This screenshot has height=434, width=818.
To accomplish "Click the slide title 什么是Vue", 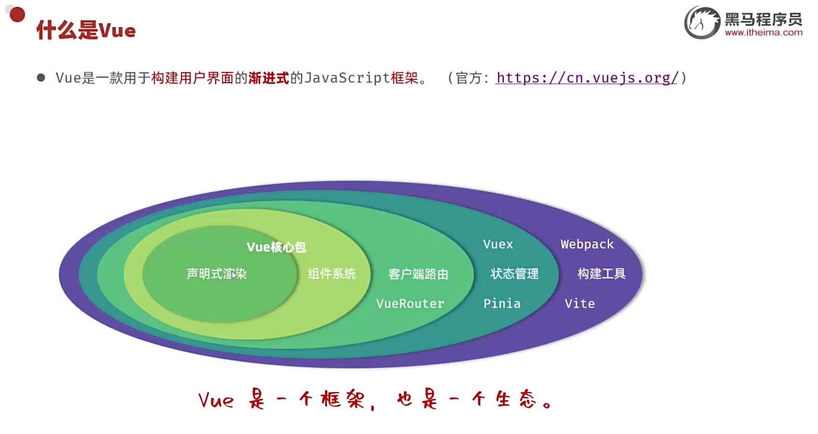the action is point(86,30).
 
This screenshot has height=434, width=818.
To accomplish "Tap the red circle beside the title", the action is point(17,14).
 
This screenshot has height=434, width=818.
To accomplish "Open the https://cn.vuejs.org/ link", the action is point(587,78).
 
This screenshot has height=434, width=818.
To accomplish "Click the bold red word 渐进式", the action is point(268,78).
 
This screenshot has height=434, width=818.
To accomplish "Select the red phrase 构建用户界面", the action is point(192,78).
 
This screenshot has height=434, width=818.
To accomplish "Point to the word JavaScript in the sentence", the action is point(347,78).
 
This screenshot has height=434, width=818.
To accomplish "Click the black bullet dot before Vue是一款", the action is point(41,78).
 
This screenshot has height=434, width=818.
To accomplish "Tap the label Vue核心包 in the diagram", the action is point(276,247).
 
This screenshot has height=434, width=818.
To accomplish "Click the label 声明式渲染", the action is point(216,274).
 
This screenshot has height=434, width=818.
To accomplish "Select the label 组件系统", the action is point(332,274).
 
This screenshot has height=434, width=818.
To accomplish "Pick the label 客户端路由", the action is point(418,274).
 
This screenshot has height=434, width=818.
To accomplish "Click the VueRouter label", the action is point(410,304).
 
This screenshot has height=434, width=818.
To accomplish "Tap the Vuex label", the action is point(498,244).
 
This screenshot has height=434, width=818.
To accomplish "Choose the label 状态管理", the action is point(514,274).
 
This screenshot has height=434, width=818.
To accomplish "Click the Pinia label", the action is point(502,304).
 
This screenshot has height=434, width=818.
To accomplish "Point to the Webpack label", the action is point(587,244).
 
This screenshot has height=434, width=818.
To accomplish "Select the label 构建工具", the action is point(601,274).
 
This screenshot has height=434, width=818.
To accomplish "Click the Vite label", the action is point(580,304).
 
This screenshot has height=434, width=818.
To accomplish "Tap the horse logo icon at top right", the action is point(702,22).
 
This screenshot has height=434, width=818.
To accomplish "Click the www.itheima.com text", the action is point(763,33).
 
